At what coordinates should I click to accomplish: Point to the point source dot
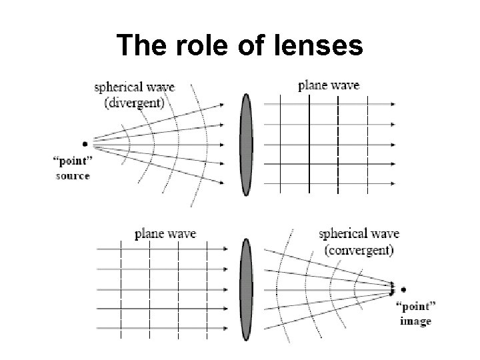pos(85,143)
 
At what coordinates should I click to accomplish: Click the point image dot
pos(403,289)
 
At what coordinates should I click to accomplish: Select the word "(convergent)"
pos(359,251)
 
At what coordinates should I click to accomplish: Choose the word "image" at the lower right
pos(416,322)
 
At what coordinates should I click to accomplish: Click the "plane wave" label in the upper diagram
pos(329,85)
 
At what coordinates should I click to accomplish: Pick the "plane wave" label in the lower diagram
pos(165,233)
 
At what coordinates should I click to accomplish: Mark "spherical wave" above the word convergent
pos(359,235)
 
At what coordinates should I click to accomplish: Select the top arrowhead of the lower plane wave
pos(225,249)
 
